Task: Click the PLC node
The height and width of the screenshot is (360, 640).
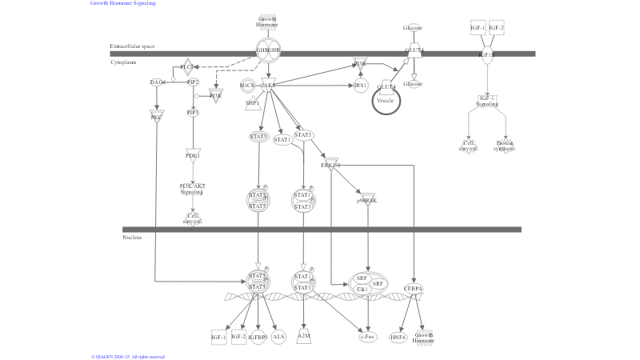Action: click(x=186, y=66)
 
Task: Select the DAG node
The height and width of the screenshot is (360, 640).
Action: click(x=157, y=82)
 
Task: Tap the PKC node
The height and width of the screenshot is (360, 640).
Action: click(x=157, y=118)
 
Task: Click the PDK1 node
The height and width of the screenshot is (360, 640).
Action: click(x=192, y=155)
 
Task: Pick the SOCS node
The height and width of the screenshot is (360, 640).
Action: click(x=246, y=85)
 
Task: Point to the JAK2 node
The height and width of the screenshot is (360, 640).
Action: click(x=267, y=85)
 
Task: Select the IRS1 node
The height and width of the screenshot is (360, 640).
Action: click(x=360, y=85)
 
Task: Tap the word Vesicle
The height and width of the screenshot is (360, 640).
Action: click(x=386, y=100)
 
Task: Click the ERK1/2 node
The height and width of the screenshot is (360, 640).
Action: click(x=330, y=165)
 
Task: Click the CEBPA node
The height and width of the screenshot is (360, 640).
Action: click(x=414, y=288)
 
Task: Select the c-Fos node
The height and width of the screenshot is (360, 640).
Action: click(x=367, y=337)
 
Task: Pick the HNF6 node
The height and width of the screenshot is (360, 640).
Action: click(x=398, y=337)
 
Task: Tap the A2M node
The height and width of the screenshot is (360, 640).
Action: click(x=303, y=336)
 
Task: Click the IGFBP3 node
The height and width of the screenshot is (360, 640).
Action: click(x=258, y=337)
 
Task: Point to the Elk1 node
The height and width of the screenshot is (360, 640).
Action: click(x=362, y=288)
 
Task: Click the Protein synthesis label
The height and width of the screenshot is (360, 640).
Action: click(x=505, y=146)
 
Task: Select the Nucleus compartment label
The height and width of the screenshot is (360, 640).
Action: click(x=133, y=238)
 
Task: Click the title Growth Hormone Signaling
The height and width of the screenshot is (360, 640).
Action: click(x=123, y=3)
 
